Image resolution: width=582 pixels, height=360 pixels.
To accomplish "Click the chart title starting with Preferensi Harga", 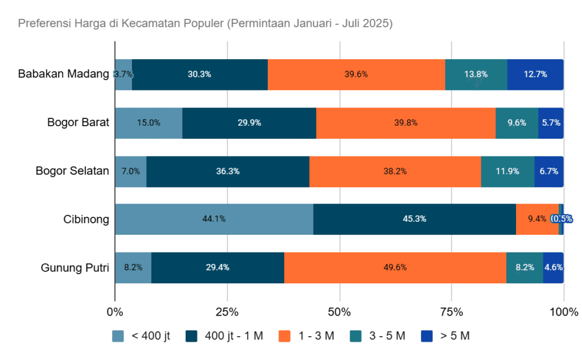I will click(x=205, y=24).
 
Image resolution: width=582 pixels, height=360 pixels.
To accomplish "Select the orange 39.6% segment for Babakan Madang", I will click(x=356, y=75).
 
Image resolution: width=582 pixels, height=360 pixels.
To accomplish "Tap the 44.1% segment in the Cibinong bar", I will click(x=214, y=219).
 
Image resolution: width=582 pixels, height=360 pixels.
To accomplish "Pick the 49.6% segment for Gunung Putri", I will click(x=395, y=267).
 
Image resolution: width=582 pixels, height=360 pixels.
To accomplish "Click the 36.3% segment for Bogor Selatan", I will click(x=227, y=171).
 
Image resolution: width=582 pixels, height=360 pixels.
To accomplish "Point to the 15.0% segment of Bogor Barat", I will click(x=148, y=123).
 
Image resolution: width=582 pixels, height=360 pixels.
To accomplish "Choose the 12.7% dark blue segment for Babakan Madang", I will click(x=535, y=75).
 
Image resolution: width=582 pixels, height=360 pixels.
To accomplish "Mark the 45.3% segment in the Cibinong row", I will click(x=414, y=219).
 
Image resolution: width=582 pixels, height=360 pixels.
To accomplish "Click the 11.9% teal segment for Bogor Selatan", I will click(x=508, y=171).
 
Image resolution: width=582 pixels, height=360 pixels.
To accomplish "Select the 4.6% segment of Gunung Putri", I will click(x=553, y=267).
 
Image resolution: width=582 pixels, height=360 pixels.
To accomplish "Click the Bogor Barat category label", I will click(x=78, y=123).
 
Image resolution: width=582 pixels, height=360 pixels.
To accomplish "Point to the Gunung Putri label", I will click(x=74, y=268).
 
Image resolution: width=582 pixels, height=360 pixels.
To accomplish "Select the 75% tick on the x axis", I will click(x=451, y=312).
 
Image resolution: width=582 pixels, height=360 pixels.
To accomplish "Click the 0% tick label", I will click(x=115, y=312).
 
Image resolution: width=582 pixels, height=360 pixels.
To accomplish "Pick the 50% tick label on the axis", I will click(x=339, y=312).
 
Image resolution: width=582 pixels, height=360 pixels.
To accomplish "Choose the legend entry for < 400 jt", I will click(x=142, y=336).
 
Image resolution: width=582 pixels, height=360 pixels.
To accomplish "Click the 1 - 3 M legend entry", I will click(x=306, y=336).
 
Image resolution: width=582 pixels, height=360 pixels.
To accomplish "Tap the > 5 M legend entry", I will click(x=446, y=336).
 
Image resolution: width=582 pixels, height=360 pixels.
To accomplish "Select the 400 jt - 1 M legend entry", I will click(x=225, y=336).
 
